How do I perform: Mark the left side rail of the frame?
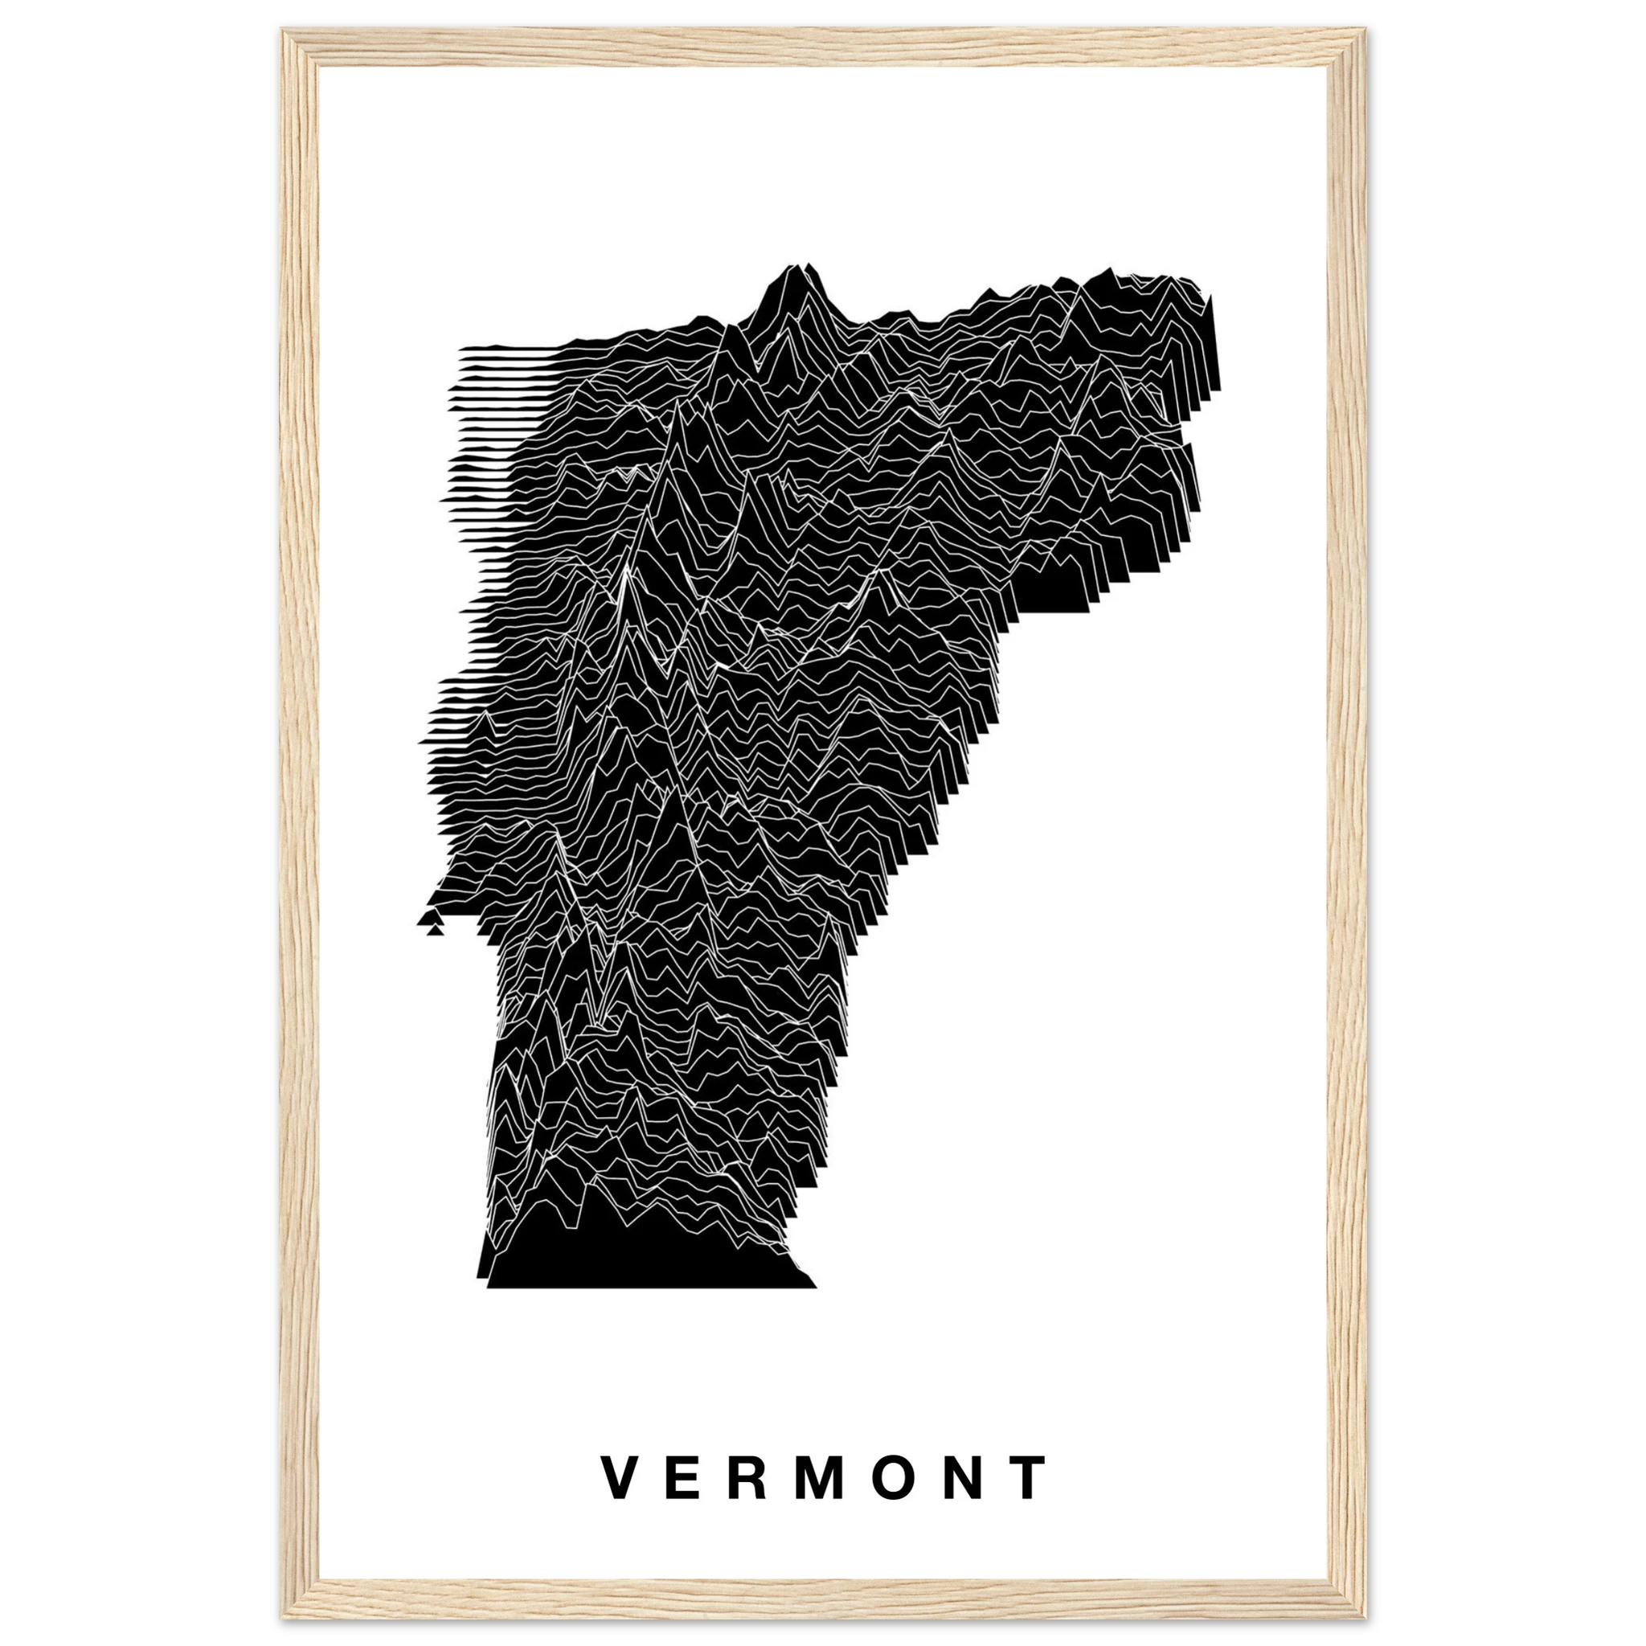(x=298, y=823)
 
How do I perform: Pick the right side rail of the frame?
(x=1348, y=823)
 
